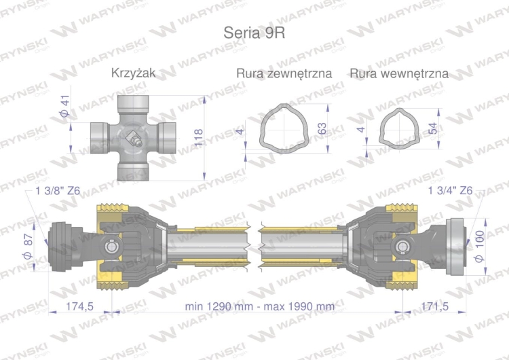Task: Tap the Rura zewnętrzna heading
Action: point(284,73)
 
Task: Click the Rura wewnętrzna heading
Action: point(399,73)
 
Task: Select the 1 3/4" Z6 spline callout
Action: point(451,191)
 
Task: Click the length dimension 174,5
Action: point(79,306)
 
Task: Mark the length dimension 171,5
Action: point(434,306)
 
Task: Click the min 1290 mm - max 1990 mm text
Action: point(259,306)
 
